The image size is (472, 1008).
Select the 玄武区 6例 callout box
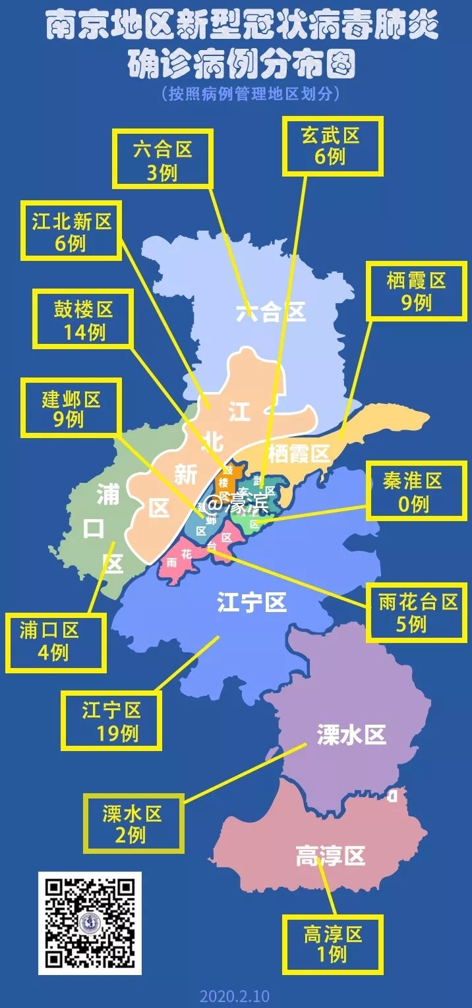coord(332,146)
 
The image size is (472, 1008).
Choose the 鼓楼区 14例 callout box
coord(84,319)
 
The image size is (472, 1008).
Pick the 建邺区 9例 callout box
coord(71,408)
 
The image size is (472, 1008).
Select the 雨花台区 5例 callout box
coord(417,612)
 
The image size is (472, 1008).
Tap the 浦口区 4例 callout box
coord(55,642)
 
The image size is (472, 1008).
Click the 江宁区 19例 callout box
coord(111,721)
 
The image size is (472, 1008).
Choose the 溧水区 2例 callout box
coord(133,824)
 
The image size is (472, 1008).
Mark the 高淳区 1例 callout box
coord(333,943)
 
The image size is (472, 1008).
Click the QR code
coord(90,923)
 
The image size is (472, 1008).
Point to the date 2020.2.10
coord(235,995)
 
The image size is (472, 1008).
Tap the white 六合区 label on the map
coord(271,312)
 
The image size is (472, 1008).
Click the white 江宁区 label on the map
coord(252,601)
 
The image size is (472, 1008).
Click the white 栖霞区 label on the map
coord(299,453)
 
